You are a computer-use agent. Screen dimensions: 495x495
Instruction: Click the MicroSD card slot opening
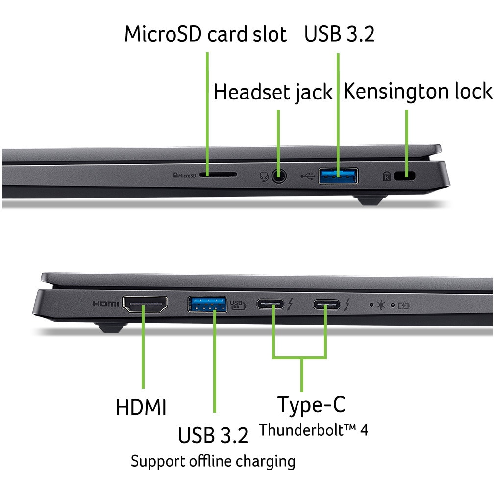click(219, 174)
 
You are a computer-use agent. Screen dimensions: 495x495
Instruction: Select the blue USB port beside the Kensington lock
click(338, 175)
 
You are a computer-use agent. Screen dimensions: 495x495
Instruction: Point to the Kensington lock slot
click(405, 175)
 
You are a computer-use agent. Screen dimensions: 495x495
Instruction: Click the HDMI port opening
click(145, 304)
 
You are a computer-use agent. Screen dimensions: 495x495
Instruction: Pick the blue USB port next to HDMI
click(207, 304)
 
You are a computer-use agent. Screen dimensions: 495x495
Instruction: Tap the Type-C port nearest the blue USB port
click(270, 305)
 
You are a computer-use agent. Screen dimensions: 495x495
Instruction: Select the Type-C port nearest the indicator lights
click(327, 305)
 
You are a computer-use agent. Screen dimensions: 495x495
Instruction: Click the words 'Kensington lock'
click(418, 92)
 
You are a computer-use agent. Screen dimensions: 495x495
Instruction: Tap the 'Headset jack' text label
click(273, 93)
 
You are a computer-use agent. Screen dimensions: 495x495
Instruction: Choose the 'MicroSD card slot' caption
click(205, 34)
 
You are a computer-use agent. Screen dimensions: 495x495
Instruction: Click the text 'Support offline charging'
click(213, 461)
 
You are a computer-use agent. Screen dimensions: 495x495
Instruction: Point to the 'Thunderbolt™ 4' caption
click(313, 430)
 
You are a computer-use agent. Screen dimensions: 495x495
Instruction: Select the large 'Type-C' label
click(311, 405)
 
